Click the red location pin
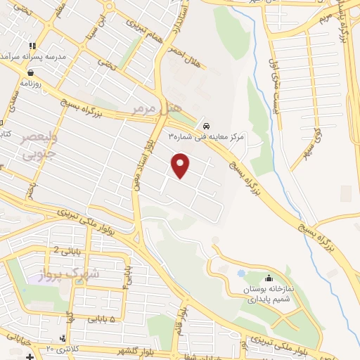click(181, 165)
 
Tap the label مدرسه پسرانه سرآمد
click(39, 55)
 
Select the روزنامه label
click(32, 83)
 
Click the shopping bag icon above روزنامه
click(31, 72)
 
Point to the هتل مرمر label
click(157, 108)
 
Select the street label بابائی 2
click(67, 247)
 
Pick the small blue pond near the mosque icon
click(241, 273)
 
